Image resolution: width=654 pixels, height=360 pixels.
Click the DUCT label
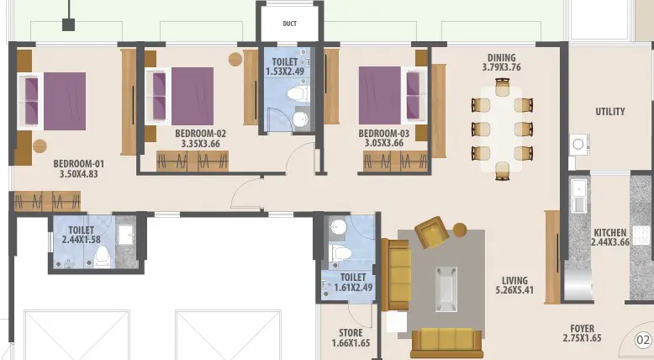[x=289, y=24]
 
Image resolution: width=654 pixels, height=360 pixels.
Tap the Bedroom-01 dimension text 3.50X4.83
[x=79, y=174]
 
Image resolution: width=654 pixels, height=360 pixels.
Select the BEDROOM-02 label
[x=201, y=134]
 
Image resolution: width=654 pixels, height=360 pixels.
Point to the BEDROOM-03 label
[x=384, y=134]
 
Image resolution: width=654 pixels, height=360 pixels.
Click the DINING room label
[x=502, y=57]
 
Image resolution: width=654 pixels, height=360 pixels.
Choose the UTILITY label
[x=610, y=111]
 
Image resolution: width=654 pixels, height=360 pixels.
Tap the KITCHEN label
[x=610, y=232]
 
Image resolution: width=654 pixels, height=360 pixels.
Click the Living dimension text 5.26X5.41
[x=514, y=290]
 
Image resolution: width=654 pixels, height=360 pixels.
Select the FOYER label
[x=583, y=328]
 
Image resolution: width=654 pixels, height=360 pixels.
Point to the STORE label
[x=351, y=333]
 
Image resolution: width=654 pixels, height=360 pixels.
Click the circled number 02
[x=643, y=340]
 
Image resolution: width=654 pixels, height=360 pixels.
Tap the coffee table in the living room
[x=446, y=289]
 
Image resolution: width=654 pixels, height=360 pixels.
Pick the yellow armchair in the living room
[x=433, y=231]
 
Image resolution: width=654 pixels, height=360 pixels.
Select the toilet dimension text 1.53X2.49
[x=285, y=71]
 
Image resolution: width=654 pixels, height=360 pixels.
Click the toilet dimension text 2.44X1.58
[x=82, y=240]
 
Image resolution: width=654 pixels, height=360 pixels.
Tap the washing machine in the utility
[x=579, y=145]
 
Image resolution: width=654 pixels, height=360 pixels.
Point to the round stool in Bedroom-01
[x=40, y=146]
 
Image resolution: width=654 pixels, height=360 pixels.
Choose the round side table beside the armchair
[x=460, y=230]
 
